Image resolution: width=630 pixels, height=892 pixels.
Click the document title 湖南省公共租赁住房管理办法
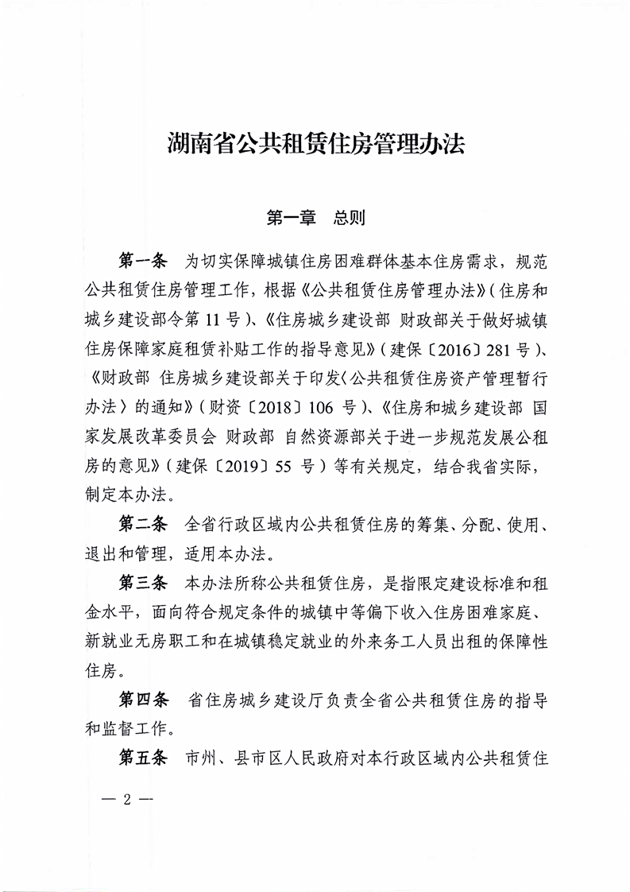(315, 145)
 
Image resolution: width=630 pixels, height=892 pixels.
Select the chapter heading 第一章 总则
(315, 218)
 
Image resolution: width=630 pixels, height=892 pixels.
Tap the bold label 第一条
(142, 260)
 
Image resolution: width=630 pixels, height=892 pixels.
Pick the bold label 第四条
(144, 700)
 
